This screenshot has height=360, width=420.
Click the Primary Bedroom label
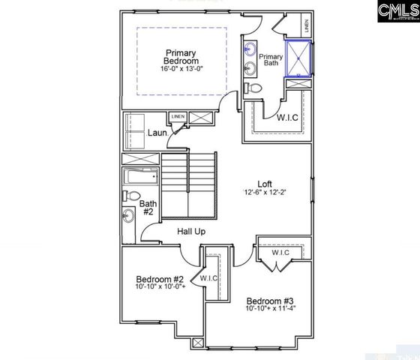(x=180, y=57)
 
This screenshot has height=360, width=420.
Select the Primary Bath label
(x=270, y=61)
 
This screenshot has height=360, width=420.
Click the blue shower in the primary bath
(x=301, y=58)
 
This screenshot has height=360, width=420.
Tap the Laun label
(x=157, y=133)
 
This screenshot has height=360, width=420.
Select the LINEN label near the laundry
(x=178, y=117)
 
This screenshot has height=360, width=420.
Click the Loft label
(x=265, y=183)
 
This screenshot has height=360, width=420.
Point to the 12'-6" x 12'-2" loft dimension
(x=265, y=193)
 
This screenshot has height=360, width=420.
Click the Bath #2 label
(x=148, y=207)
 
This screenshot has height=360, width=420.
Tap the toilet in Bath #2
(x=128, y=196)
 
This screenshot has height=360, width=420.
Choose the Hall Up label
(x=191, y=232)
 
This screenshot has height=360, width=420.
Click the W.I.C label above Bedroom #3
(x=280, y=252)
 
